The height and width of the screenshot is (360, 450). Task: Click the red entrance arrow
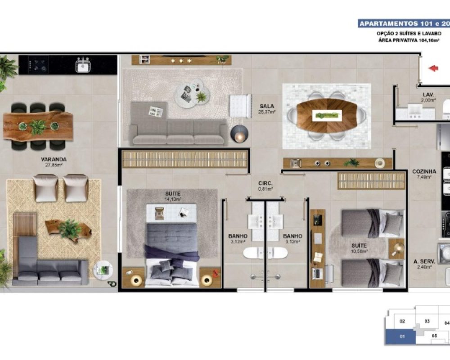click(x=433, y=68)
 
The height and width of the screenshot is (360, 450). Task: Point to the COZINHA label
click(x=424, y=171)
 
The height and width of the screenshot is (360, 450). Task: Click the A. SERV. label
click(x=423, y=261)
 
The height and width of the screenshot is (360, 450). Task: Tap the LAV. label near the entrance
click(x=428, y=95)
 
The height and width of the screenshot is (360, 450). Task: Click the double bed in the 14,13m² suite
click(x=171, y=252)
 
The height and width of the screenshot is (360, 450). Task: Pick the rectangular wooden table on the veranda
click(x=38, y=126)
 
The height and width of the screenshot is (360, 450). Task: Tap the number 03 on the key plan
click(x=427, y=321)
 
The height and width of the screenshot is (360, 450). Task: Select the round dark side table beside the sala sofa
click(x=239, y=134)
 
